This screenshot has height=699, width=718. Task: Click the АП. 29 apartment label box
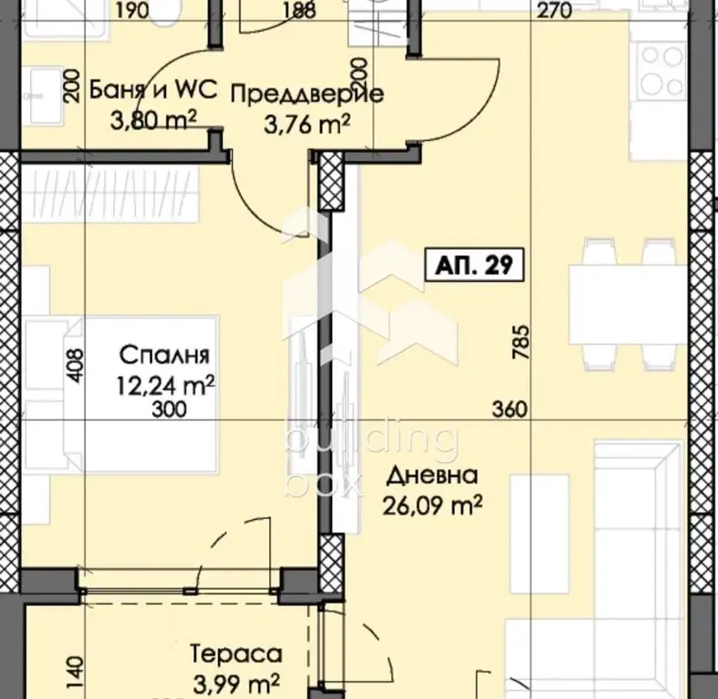point(475,265)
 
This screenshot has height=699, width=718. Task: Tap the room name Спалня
point(164,355)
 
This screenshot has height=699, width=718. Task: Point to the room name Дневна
point(433,477)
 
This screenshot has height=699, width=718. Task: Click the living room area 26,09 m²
point(433,505)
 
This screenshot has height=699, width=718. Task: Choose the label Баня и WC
point(152,90)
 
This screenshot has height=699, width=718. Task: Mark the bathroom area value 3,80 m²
point(153,120)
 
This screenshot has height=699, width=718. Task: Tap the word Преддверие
point(306,95)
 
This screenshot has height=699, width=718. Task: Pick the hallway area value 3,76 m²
point(307,124)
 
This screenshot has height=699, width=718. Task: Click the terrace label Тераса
point(236,654)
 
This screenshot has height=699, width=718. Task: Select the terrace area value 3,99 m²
point(236,684)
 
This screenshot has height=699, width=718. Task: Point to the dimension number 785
point(522,342)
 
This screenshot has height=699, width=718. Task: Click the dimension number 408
point(76,366)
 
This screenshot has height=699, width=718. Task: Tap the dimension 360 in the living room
point(510,409)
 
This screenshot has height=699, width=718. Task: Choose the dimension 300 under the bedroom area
point(169,409)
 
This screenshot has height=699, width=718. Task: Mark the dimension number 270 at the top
point(555,10)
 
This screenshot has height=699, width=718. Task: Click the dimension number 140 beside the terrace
point(76,671)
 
